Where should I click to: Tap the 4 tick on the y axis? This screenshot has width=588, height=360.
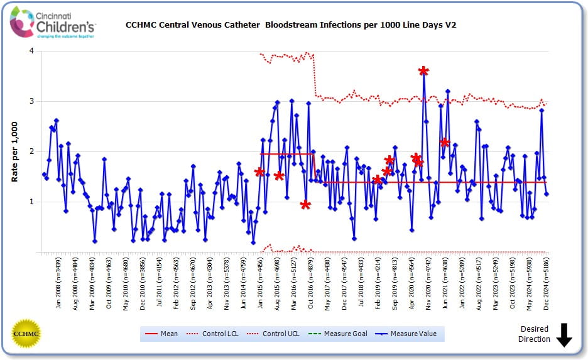pos(31,51)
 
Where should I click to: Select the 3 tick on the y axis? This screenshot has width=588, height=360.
pos(31,101)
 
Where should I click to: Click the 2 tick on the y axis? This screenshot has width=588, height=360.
pos(31,151)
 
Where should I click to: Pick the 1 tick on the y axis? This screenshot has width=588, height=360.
pos(31,202)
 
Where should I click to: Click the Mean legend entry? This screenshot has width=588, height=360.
pos(161,334)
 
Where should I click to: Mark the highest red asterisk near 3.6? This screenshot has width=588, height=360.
pos(423,70)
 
